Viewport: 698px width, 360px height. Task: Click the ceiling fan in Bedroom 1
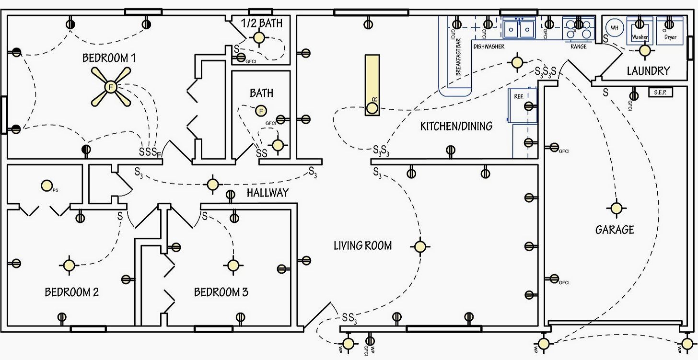click(111, 87)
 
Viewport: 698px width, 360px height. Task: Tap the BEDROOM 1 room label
click(109, 58)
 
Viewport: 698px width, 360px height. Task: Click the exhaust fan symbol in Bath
click(261, 111)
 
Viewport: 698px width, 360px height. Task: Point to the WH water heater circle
click(615, 28)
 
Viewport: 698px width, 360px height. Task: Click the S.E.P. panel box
click(660, 92)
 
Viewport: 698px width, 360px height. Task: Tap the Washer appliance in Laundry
click(640, 31)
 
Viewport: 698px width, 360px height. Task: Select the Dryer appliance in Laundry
click(670, 31)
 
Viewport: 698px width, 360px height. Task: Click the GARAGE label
click(615, 230)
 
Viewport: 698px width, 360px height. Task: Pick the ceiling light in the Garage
click(616, 208)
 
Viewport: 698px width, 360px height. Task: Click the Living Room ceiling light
click(420, 246)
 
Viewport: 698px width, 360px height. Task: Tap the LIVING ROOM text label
click(362, 246)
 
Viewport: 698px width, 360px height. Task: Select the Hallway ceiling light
click(212, 184)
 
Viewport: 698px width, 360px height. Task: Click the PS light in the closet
click(47, 185)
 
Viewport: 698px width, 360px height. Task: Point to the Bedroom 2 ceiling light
click(68, 265)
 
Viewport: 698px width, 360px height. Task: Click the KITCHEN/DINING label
click(456, 127)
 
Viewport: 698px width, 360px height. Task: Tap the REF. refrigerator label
click(518, 96)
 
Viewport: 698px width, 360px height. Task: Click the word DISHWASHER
click(489, 47)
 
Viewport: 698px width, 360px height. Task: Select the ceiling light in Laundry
click(645, 50)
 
